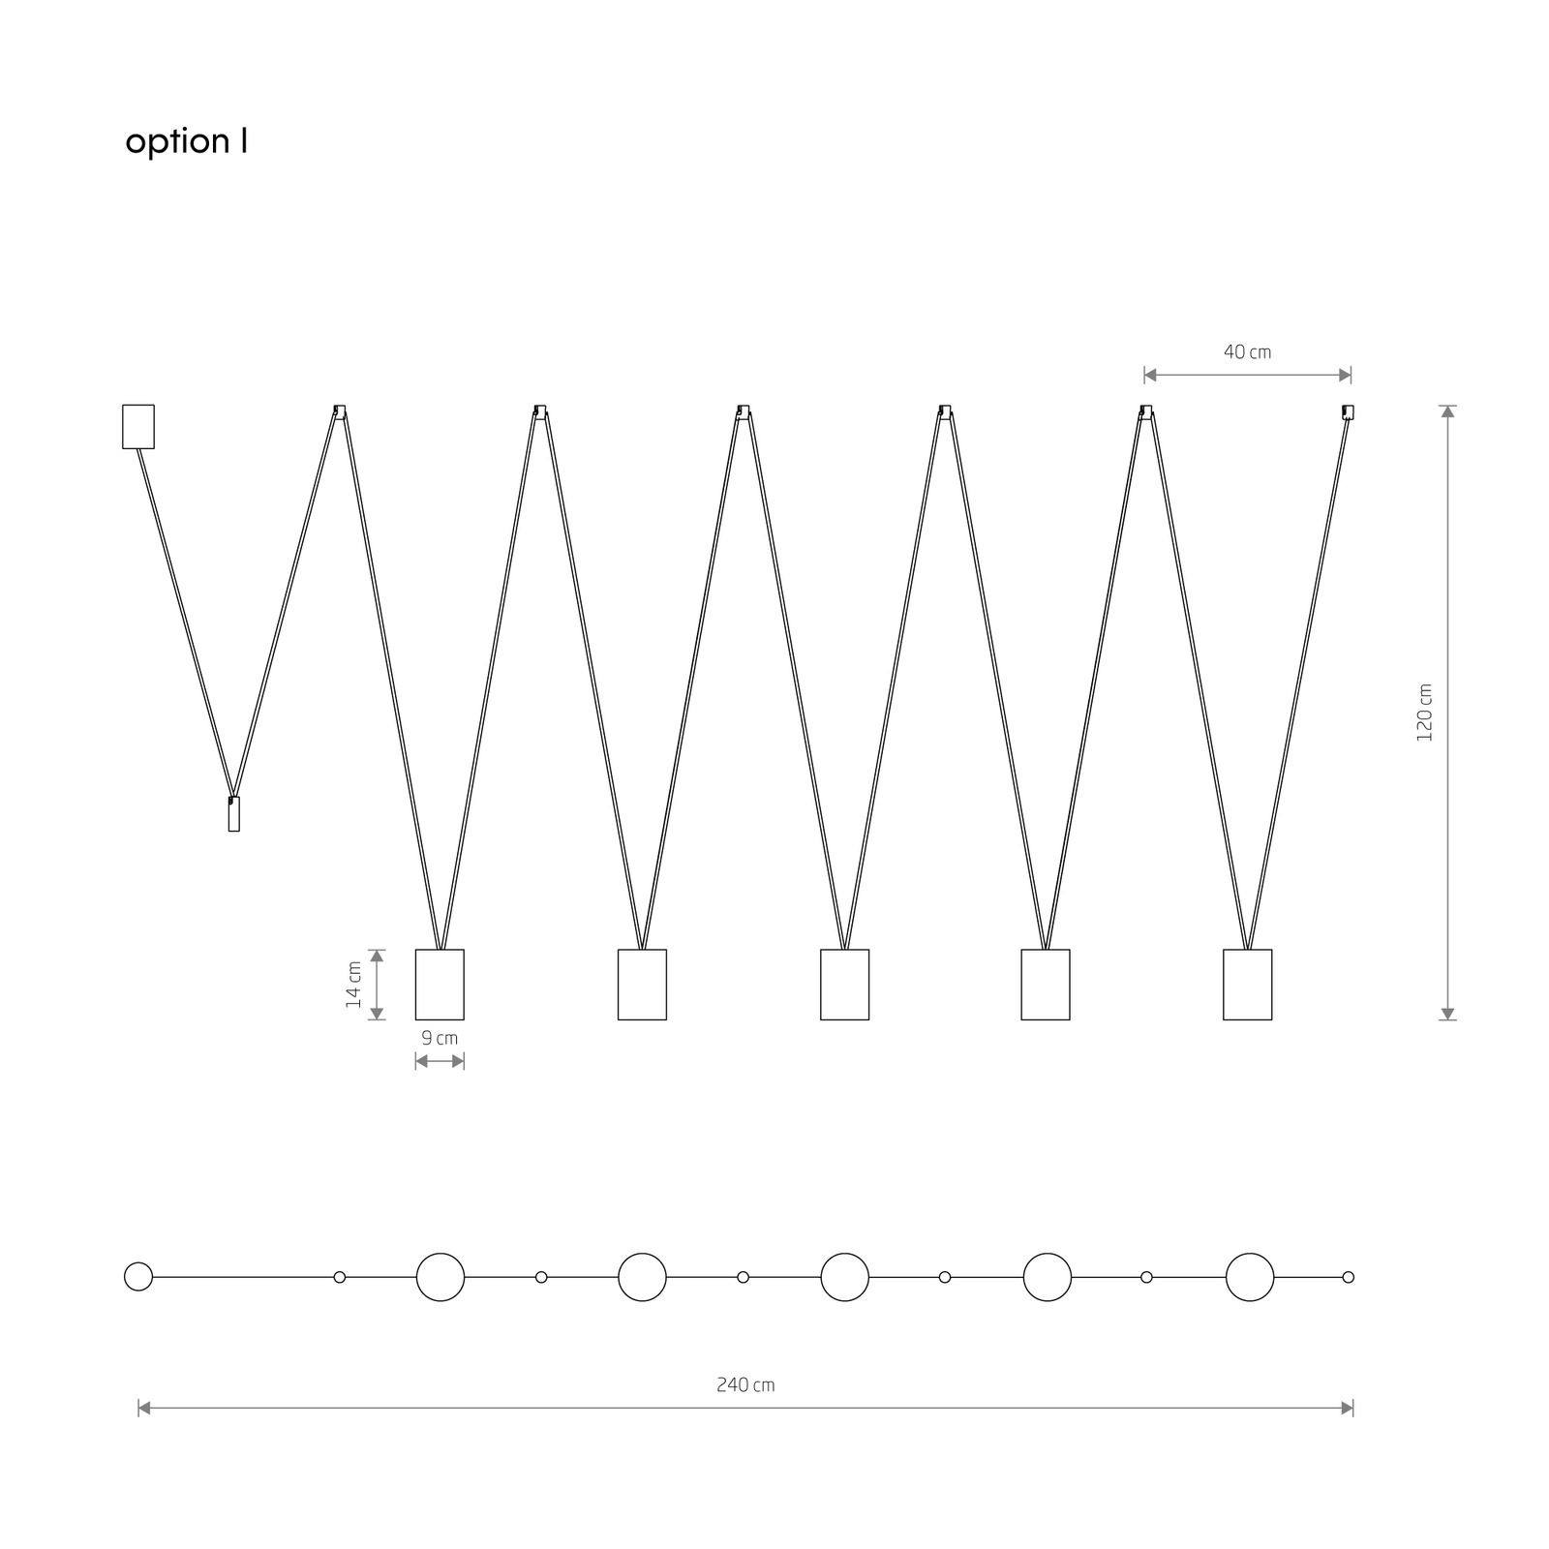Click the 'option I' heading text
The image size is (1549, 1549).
point(187,141)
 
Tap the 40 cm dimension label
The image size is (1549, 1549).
point(1247,351)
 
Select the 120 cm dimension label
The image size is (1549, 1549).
point(1424,713)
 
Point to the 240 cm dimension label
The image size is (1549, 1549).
point(745,1385)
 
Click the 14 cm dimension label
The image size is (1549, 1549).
point(353,985)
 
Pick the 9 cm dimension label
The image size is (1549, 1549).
point(440,1038)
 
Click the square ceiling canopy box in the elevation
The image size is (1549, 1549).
point(138,426)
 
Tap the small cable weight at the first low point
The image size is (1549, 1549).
point(233,814)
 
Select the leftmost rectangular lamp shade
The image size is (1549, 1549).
point(440,985)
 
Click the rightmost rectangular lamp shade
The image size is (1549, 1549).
point(1247,985)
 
